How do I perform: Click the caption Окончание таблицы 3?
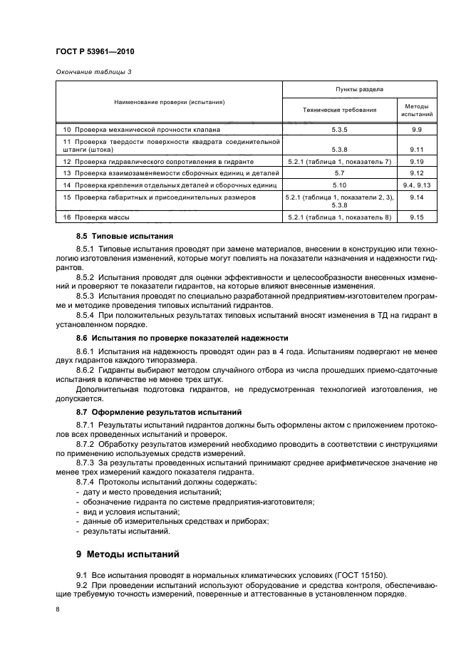click(x=94, y=72)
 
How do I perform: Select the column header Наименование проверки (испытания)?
click(x=169, y=102)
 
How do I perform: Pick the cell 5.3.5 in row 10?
click(x=338, y=130)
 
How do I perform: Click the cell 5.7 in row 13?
click(x=338, y=173)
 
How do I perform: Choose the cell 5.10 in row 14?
click(x=338, y=185)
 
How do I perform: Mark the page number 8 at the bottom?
click(x=58, y=609)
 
